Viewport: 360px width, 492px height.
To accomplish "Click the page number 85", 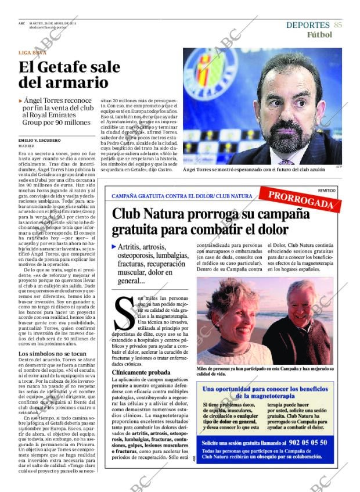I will tap(338, 25).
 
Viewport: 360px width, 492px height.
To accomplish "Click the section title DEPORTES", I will tap(308, 25).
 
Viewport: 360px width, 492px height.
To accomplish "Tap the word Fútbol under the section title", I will tap(319, 34).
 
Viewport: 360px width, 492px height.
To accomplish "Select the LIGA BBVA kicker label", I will tap(33, 52).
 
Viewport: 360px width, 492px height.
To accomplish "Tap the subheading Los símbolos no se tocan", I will tap(52, 354).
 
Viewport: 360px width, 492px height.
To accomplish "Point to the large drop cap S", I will tap(124, 313).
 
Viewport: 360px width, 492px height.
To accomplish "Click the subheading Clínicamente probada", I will tap(141, 372).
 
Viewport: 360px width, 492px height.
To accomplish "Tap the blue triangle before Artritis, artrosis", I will tap(114, 247).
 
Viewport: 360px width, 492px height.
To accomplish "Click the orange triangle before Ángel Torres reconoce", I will tap(21, 100).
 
